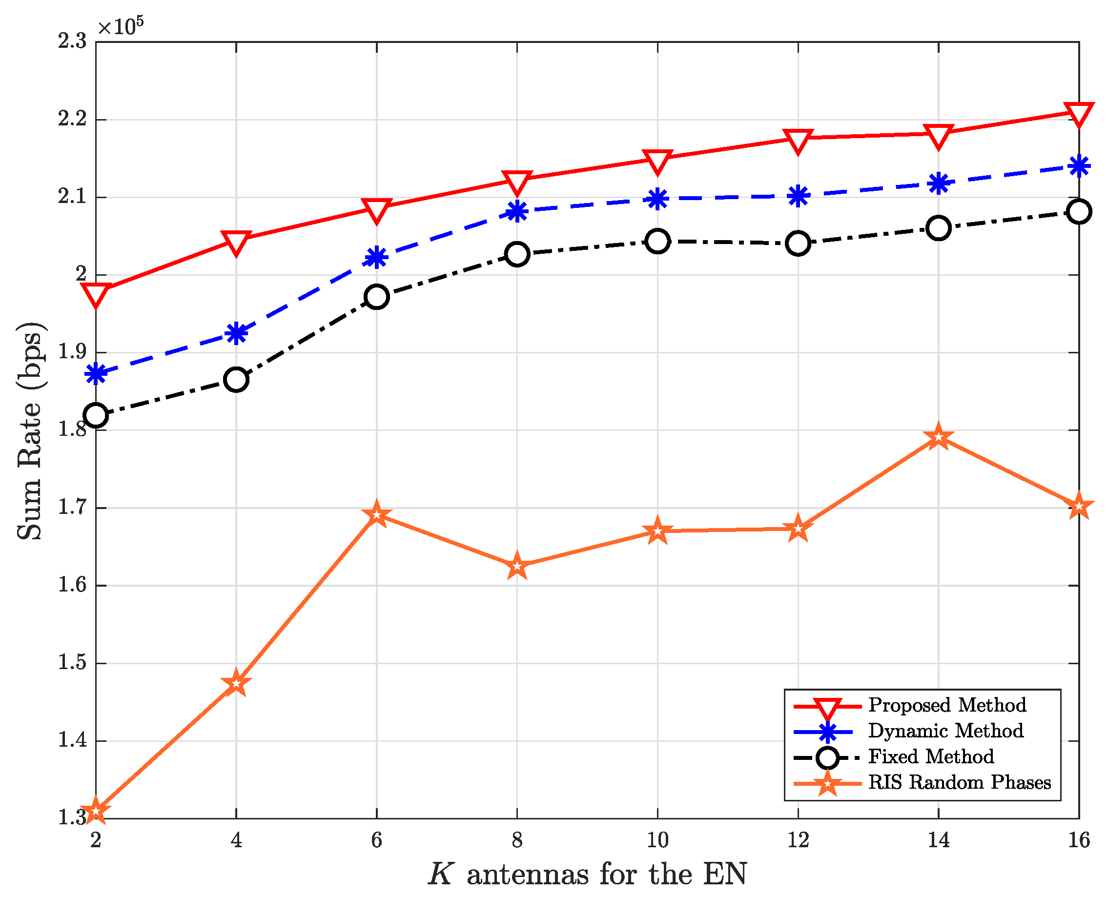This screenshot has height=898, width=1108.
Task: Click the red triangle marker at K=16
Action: click(x=1079, y=113)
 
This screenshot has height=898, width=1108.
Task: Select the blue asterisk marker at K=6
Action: click(x=377, y=257)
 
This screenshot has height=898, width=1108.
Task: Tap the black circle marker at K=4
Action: click(x=236, y=380)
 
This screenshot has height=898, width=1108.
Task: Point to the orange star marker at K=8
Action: click(x=517, y=566)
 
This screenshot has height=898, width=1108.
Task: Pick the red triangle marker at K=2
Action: click(x=96, y=293)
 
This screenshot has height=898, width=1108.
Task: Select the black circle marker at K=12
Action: click(x=798, y=243)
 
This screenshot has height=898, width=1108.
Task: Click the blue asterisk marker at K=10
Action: click(x=657, y=199)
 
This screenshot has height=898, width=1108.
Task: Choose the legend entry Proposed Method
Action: click(x=946, y=705)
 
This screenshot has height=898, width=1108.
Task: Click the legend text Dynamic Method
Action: click(x=945, y=731)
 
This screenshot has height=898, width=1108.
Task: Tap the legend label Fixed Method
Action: click(x=931, y=756)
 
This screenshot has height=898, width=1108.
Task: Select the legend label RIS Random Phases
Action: click(x=959, y=782)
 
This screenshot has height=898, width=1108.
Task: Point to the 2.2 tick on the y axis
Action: click(x=72, y=120)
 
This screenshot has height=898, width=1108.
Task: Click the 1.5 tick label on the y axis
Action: click(x=72, y=663)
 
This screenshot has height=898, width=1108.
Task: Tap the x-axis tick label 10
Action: click(x=657, y=840)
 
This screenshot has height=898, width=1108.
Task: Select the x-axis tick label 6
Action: click(x=377, y=840)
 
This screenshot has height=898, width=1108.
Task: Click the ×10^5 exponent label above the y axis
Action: click(x=121, y=26)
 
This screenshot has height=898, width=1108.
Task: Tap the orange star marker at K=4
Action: click(x=236, y=683)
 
